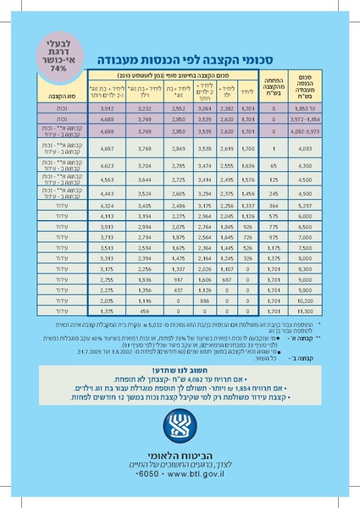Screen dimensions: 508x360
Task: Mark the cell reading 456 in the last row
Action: tap(144, 312)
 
